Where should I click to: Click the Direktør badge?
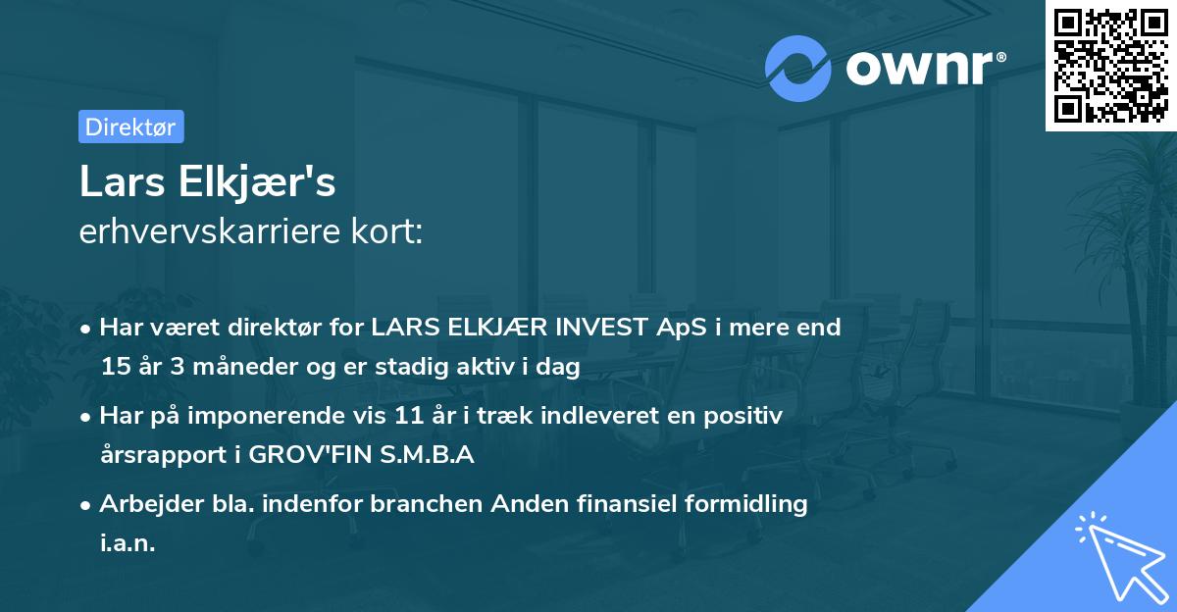(130, 127)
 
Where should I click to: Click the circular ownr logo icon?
(798, 69)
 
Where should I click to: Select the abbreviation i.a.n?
(127, 543)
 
